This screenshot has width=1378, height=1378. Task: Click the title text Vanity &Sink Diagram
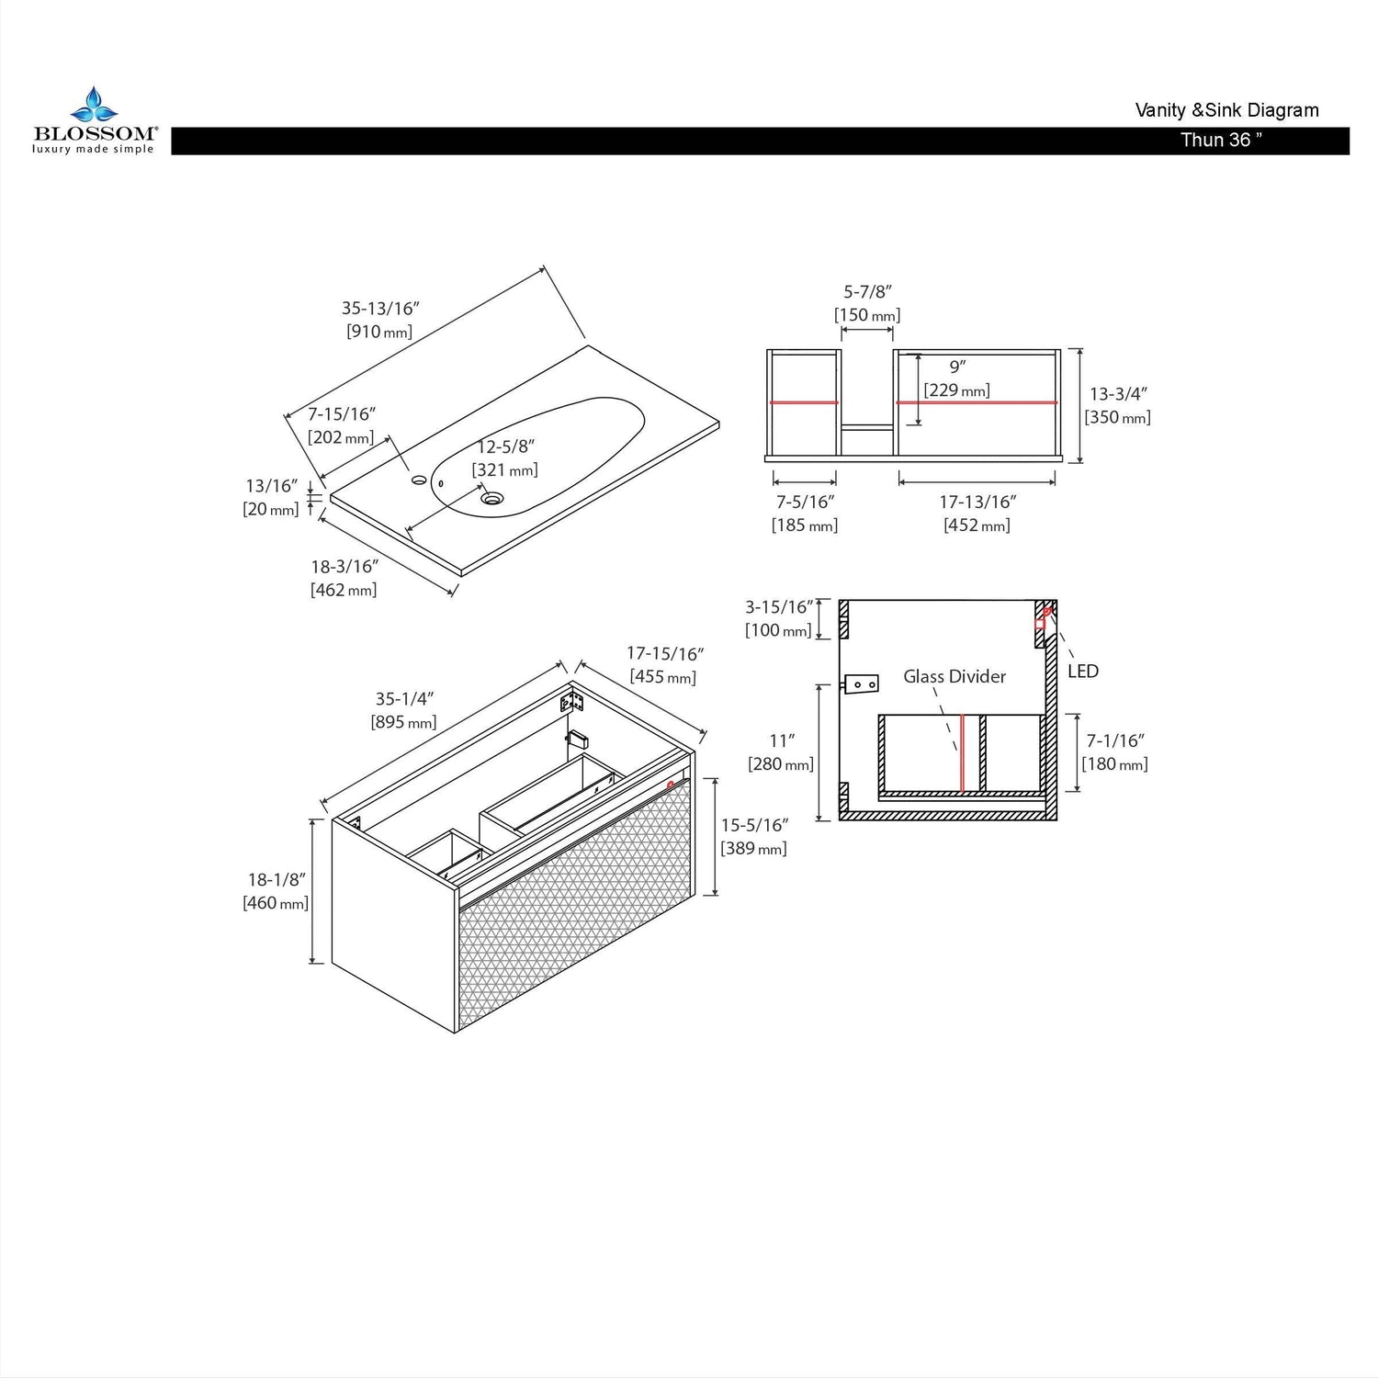pos(1226,110)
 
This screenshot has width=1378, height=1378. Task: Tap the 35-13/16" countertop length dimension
pos(380,308)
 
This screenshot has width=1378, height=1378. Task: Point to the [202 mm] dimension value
pos(341,437)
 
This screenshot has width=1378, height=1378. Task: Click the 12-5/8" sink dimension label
pos(505,446)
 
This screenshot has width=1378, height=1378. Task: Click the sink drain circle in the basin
pos(493,499)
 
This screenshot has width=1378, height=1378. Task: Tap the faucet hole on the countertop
pos(419,479)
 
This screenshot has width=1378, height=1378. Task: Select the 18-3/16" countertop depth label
pos(344,567)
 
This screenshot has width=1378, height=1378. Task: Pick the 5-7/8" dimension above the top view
pos(868,292)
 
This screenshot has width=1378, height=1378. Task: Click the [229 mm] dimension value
pos(957,390)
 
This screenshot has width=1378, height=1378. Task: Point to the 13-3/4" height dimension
pos(1118,394)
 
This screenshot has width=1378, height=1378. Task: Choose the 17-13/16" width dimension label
pos(977,502)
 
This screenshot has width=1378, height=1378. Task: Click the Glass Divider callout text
pos(954,676)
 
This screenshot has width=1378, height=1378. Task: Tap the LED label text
pos(1083,672)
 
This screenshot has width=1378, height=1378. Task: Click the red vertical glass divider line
pos(961,752)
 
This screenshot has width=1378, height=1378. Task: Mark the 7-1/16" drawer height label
pos(1115,740)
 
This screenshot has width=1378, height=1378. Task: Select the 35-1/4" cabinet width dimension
pos(404,699)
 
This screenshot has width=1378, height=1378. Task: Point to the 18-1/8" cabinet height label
pos(276,879)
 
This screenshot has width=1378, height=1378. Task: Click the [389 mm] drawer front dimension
pos(753,848)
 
